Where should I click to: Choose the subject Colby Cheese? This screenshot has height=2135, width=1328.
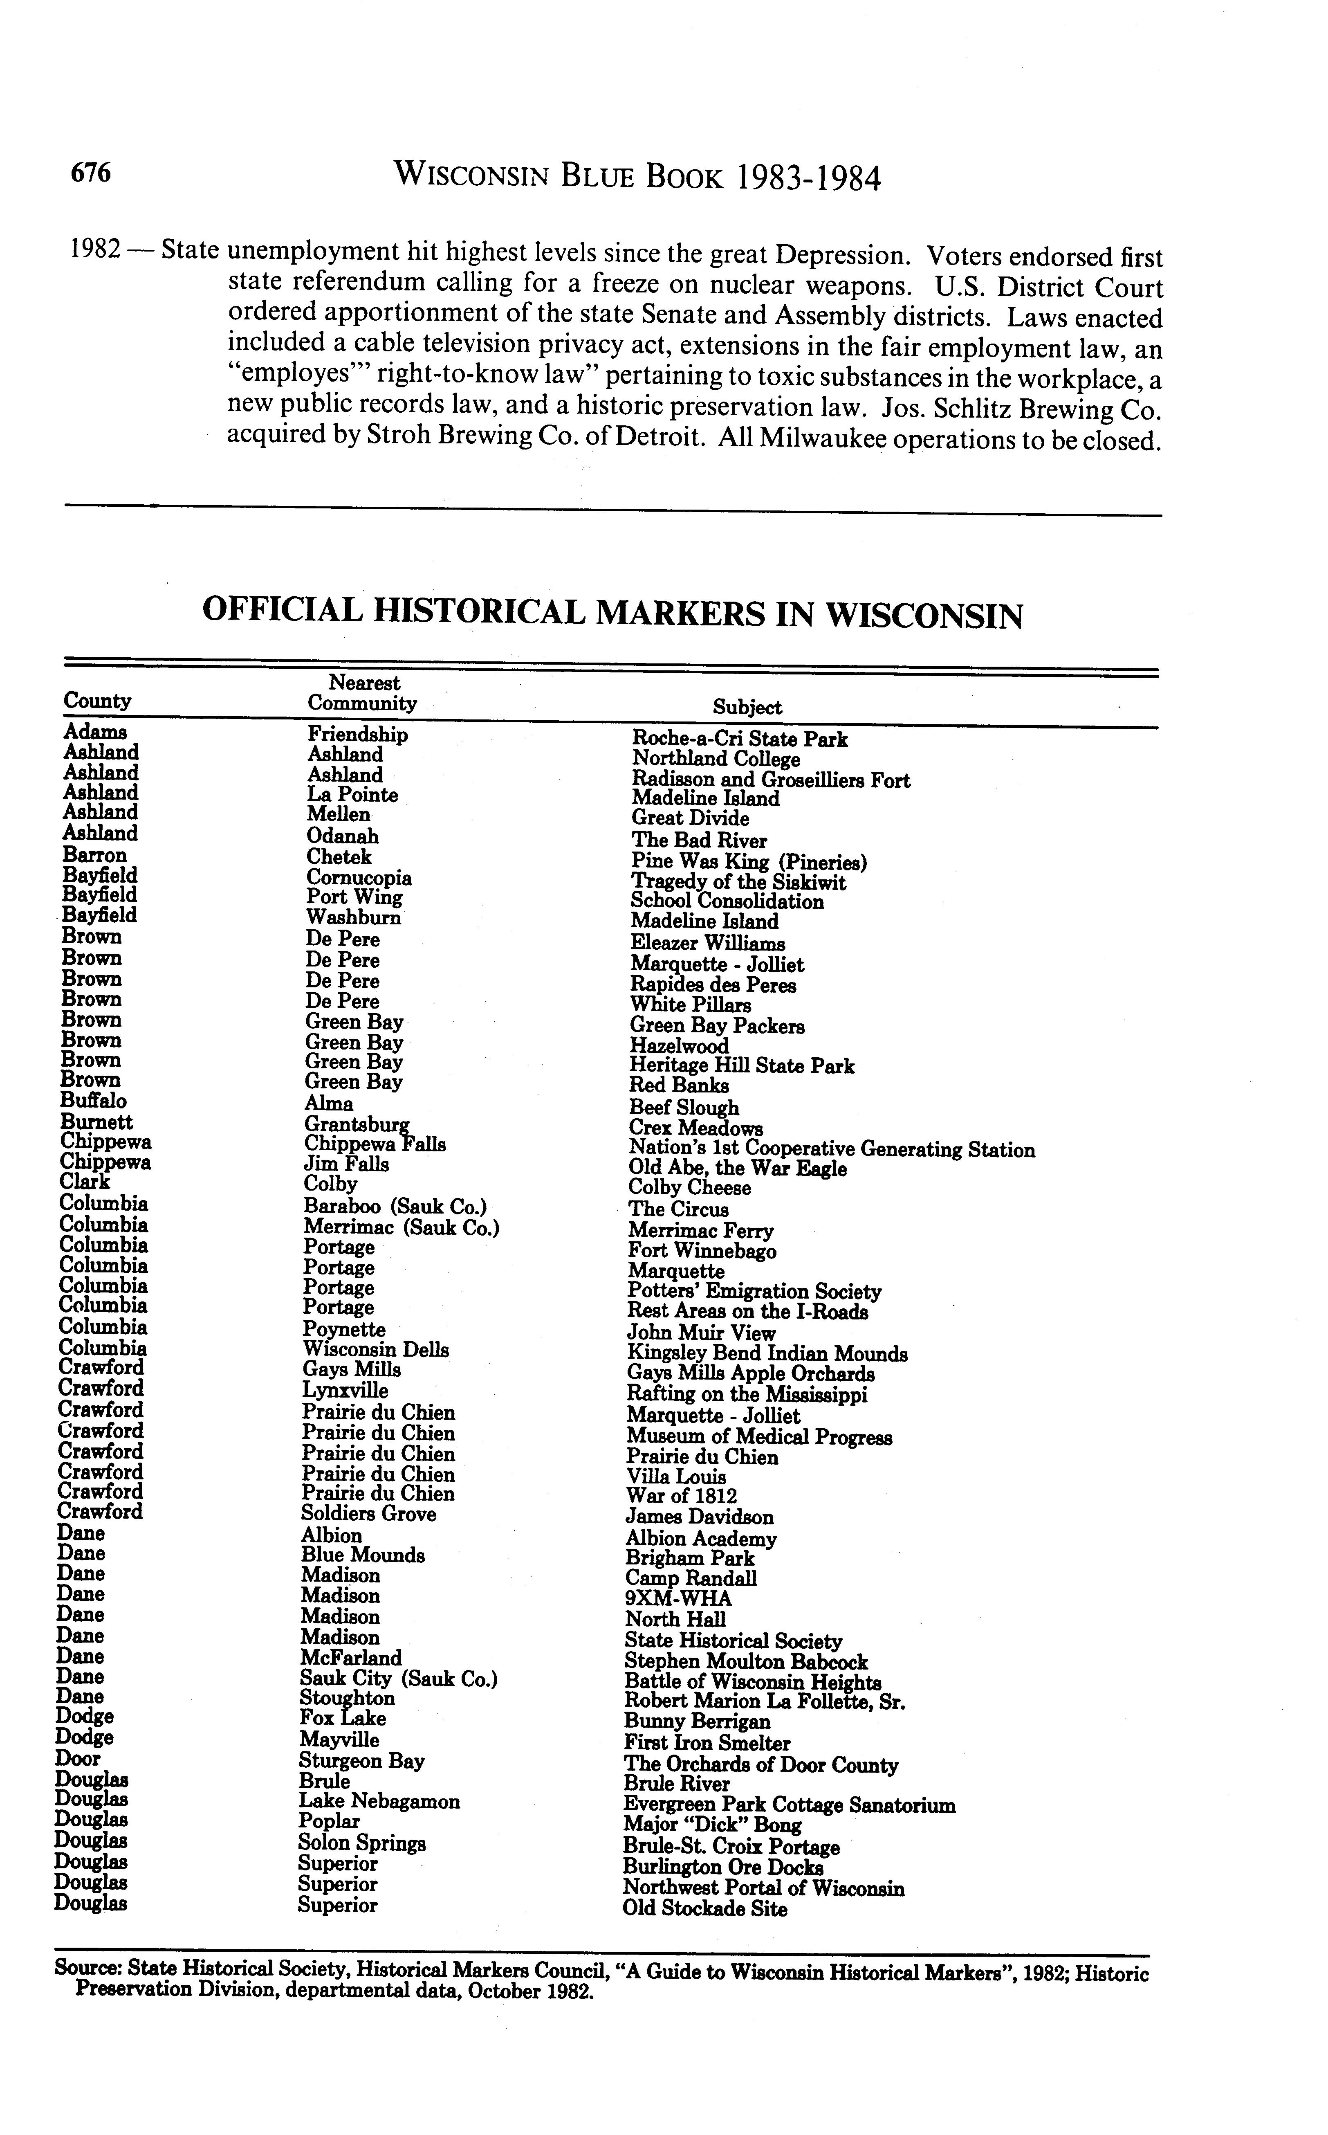tap(689, 1189)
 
